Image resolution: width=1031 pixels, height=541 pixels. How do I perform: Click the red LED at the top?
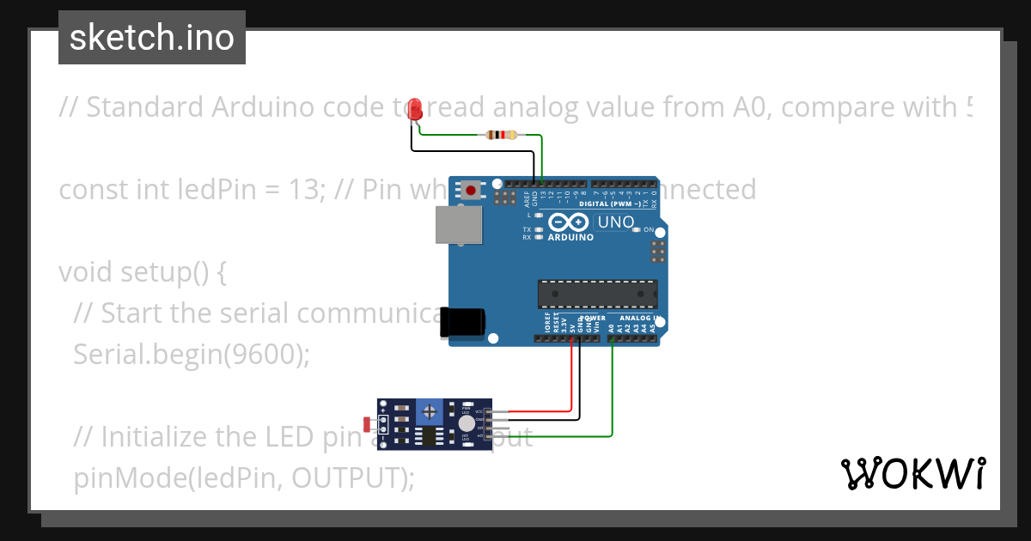(x=415, y=109)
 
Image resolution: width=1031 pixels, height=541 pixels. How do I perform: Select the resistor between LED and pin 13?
(x=502, y=135)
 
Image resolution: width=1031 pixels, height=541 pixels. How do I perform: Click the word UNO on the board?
(x=616, y=222)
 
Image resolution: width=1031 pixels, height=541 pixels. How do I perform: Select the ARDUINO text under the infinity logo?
(x=570, y=237)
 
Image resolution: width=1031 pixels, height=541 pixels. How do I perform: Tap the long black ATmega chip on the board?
(x=597, y=293)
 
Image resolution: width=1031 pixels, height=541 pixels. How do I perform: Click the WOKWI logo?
(x=912, y=473)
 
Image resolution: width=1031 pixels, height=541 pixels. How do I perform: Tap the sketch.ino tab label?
(x=152, y=38)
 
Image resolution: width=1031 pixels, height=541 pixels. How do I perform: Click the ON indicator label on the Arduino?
(x=648, y=230)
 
